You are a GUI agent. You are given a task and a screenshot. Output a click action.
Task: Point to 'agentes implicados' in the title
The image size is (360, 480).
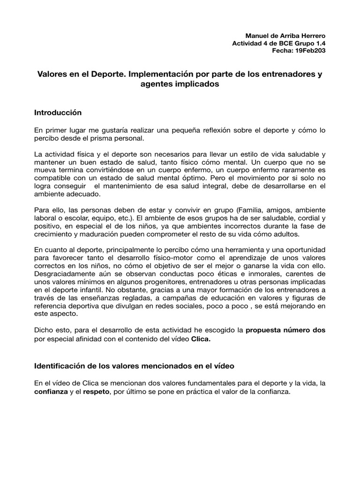pyautogui.click(x=180, y=84)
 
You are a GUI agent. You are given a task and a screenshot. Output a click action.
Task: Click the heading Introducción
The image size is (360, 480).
pyautogui.click(x=58, y=113)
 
